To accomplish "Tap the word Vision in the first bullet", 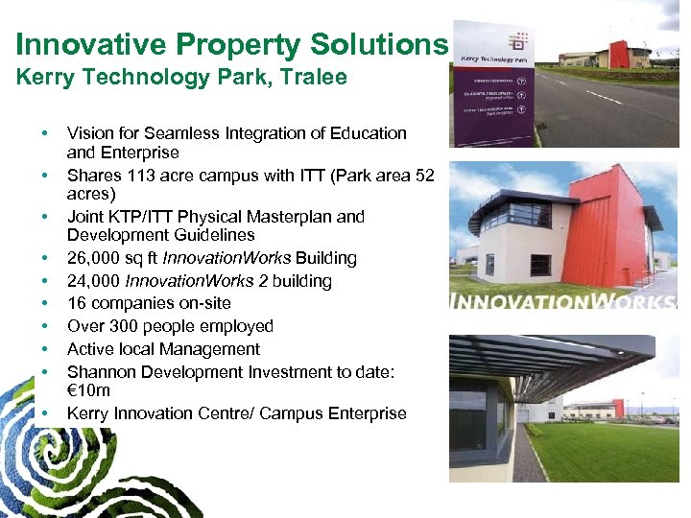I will (89, 133).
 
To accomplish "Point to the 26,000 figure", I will (96, 258).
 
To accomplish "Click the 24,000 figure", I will (96, 281).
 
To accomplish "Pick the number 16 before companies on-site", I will (76, 304).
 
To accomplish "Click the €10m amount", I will (88, 390).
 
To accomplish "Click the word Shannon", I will (100, 372).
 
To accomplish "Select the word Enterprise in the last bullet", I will (366, 413).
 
